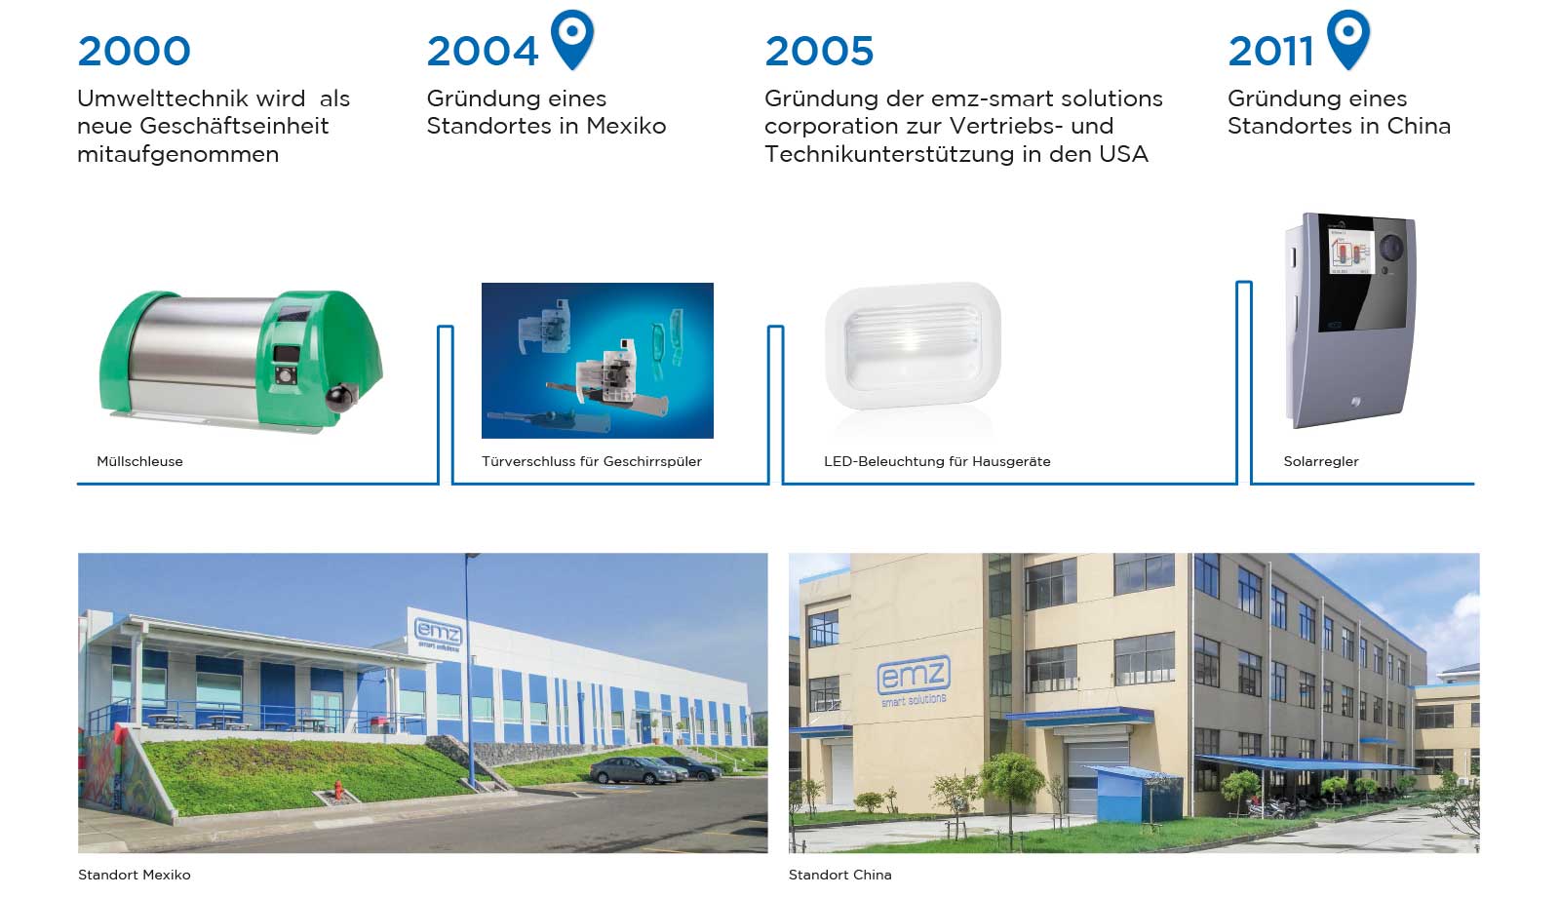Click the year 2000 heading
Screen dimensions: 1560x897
click(x=134, y=52)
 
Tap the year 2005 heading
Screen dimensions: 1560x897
click(x=819, y=52)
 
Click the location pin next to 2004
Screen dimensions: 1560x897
click(x=572, y=39)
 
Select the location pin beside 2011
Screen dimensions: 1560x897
click(x=1348, y=39)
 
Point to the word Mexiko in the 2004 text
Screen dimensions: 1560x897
click(x=626, y=126)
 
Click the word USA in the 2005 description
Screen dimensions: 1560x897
click(x=1123, y=154)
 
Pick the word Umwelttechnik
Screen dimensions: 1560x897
click(x=191, y=98)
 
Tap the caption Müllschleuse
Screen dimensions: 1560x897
click(x=140, y=461)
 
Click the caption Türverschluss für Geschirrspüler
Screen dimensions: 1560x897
click(x=591, y=461)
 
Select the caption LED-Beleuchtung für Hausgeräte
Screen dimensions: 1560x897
click(x=937, y=461)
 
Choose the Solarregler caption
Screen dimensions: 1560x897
click(x=1321, y=461)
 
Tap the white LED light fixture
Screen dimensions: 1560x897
click(x=913, y=345)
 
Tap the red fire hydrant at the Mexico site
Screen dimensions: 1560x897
click(x=337, y=790)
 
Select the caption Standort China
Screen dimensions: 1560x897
click(x=839, y=875)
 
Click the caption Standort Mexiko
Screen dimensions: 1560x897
click(x=135, y=875)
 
